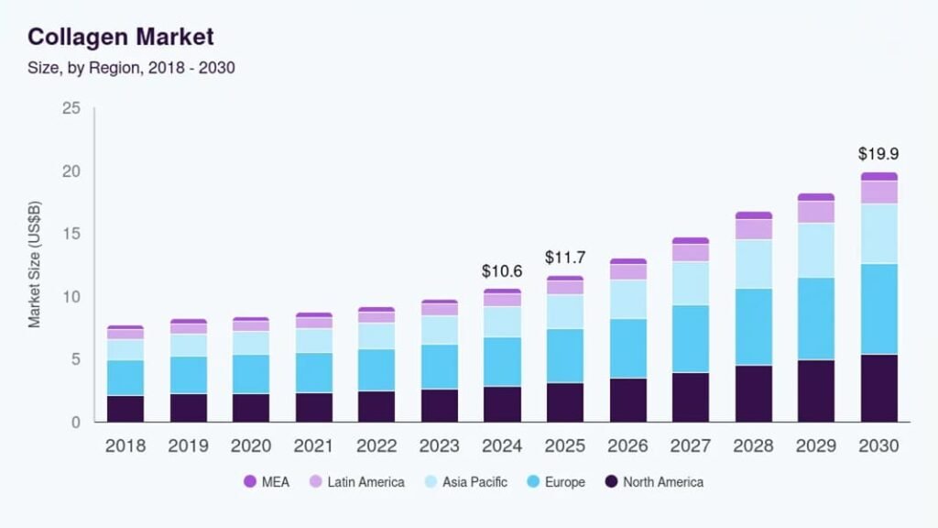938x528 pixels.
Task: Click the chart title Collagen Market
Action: pyautogui.click(x=120, y=38)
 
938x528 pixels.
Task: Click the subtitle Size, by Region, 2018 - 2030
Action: pyautogui.click(x=132, y=68)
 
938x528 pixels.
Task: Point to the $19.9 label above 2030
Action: pyautogui.click(x=878, y=154)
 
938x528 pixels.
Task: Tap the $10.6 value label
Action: pyautogui.click(x=502, y=271)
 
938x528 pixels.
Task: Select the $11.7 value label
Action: pyautogui.click(x=564, y=258)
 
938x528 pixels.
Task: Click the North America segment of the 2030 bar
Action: pyautogui.click(x=878, y=388)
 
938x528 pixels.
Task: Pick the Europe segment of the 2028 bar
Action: pyautogui.click(x=754, y=327)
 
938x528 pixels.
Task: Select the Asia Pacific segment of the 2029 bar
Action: pyautogui.click(x=816, y=250)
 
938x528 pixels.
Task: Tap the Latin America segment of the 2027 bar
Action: pyautogui.click(x=691, y=253)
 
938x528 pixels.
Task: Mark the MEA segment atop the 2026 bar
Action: pyautogui.click(x=628, y=261)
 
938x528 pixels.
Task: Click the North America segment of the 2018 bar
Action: pyautogui.click(x=125, y=409)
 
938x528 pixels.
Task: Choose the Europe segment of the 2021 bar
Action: pyautogui.click(x=313, y=373)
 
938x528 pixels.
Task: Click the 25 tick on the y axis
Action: pyautogui.click(x=72, y=109)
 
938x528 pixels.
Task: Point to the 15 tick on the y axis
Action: pyautogui.click(x=72, y=235)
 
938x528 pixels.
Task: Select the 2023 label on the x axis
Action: pyautogui.click(x=439, y=446)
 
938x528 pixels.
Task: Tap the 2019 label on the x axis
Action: pyautogui.click(x=189, y=446)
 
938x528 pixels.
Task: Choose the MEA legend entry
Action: pyautogui.click(x=267, y=482)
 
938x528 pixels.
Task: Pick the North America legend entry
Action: pyautogui.click(x=653, y=482)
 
